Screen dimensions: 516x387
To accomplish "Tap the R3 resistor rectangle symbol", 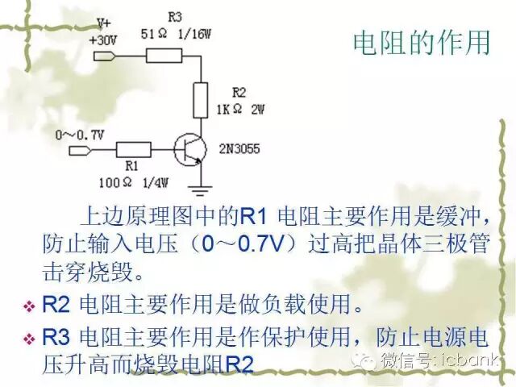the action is [x=165, y=56].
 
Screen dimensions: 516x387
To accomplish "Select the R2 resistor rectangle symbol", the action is [x=201, y=100].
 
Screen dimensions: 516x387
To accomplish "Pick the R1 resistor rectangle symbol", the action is [x=133, y=149].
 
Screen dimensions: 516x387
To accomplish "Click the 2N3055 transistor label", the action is [x=239, y=149].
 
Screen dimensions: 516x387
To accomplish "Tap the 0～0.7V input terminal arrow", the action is [x=81, y=150].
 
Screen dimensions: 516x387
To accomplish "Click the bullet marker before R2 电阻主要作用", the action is [x=29, y=307].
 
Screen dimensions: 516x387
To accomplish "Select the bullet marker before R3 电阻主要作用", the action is [x=29, y=338].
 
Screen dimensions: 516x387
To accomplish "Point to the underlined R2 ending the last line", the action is [x=239, y=364].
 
